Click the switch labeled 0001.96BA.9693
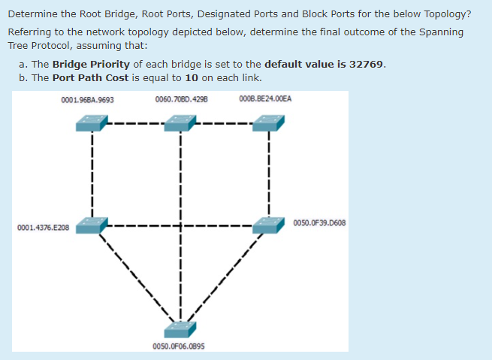click(92, 123)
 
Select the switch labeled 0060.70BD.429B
click(180, 123)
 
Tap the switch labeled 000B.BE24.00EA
click(269, 123)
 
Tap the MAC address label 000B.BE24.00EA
click(265, 99)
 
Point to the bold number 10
click(191, 77)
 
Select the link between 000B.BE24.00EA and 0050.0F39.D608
click(269, 173)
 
